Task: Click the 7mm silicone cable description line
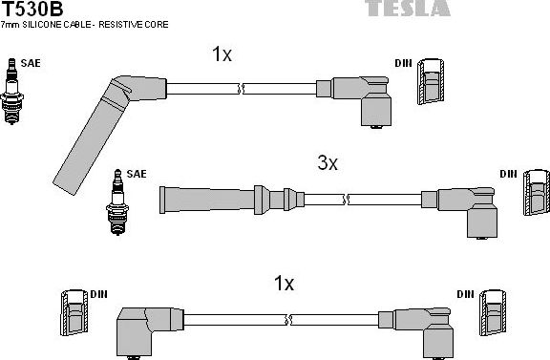tap(86, 25)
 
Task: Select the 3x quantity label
tap(328, 163)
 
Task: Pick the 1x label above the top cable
tap(222, 54)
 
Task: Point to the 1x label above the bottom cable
tap(284, 284)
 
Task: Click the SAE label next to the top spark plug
tap(32, 63)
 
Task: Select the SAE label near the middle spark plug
tap(137, 174)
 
